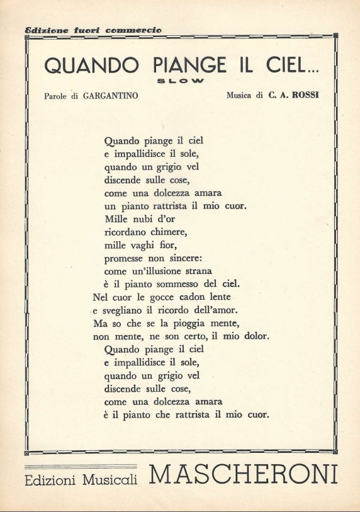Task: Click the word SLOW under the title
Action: click(179, 81)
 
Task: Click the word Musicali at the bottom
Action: click(110, 480)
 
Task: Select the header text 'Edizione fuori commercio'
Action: click(93, 30)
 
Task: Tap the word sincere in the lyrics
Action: click(176, 258)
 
